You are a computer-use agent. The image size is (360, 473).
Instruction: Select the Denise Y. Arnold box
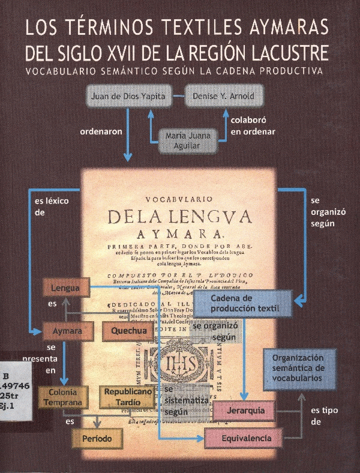216,95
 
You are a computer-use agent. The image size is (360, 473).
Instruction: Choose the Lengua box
65,288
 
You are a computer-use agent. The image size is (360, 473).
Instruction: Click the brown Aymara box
67,331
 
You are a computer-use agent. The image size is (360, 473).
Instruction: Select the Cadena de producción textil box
243,303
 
